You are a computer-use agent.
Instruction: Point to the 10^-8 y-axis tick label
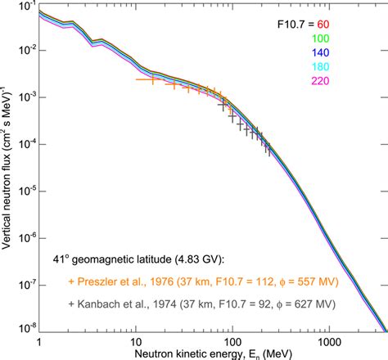(x=25, y=330)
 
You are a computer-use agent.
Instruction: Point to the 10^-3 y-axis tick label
(x=25, y=98)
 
